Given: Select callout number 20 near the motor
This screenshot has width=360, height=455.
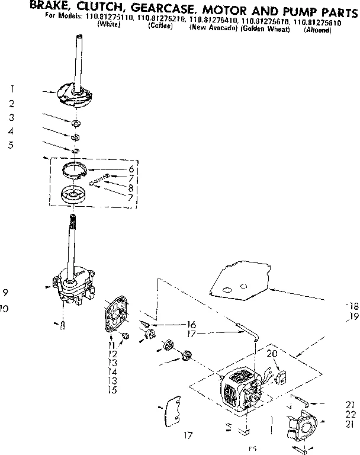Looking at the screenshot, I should pos(272,354).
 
